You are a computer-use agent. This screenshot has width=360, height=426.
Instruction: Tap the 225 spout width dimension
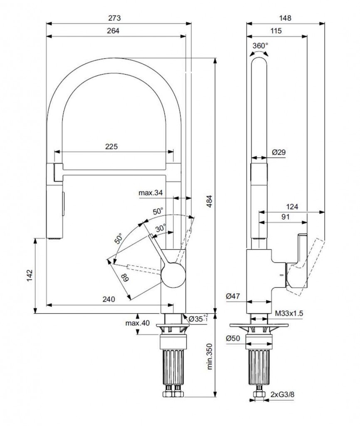pyautogui.click(x=111, y=147)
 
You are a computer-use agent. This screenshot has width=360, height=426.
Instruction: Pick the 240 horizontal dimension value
pyautogui.click(x=108, y=299)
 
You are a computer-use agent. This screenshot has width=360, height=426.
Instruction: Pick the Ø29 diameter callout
pyautogui.click(x=279, y=153)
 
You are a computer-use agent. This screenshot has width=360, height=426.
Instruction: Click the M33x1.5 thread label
pyautogui.click(x=287, y=312)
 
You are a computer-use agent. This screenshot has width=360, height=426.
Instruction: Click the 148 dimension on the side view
pyautogui.click(x=285, y=18)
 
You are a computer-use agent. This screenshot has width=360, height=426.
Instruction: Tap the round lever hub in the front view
pyautogui.click(x=172, y=276)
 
